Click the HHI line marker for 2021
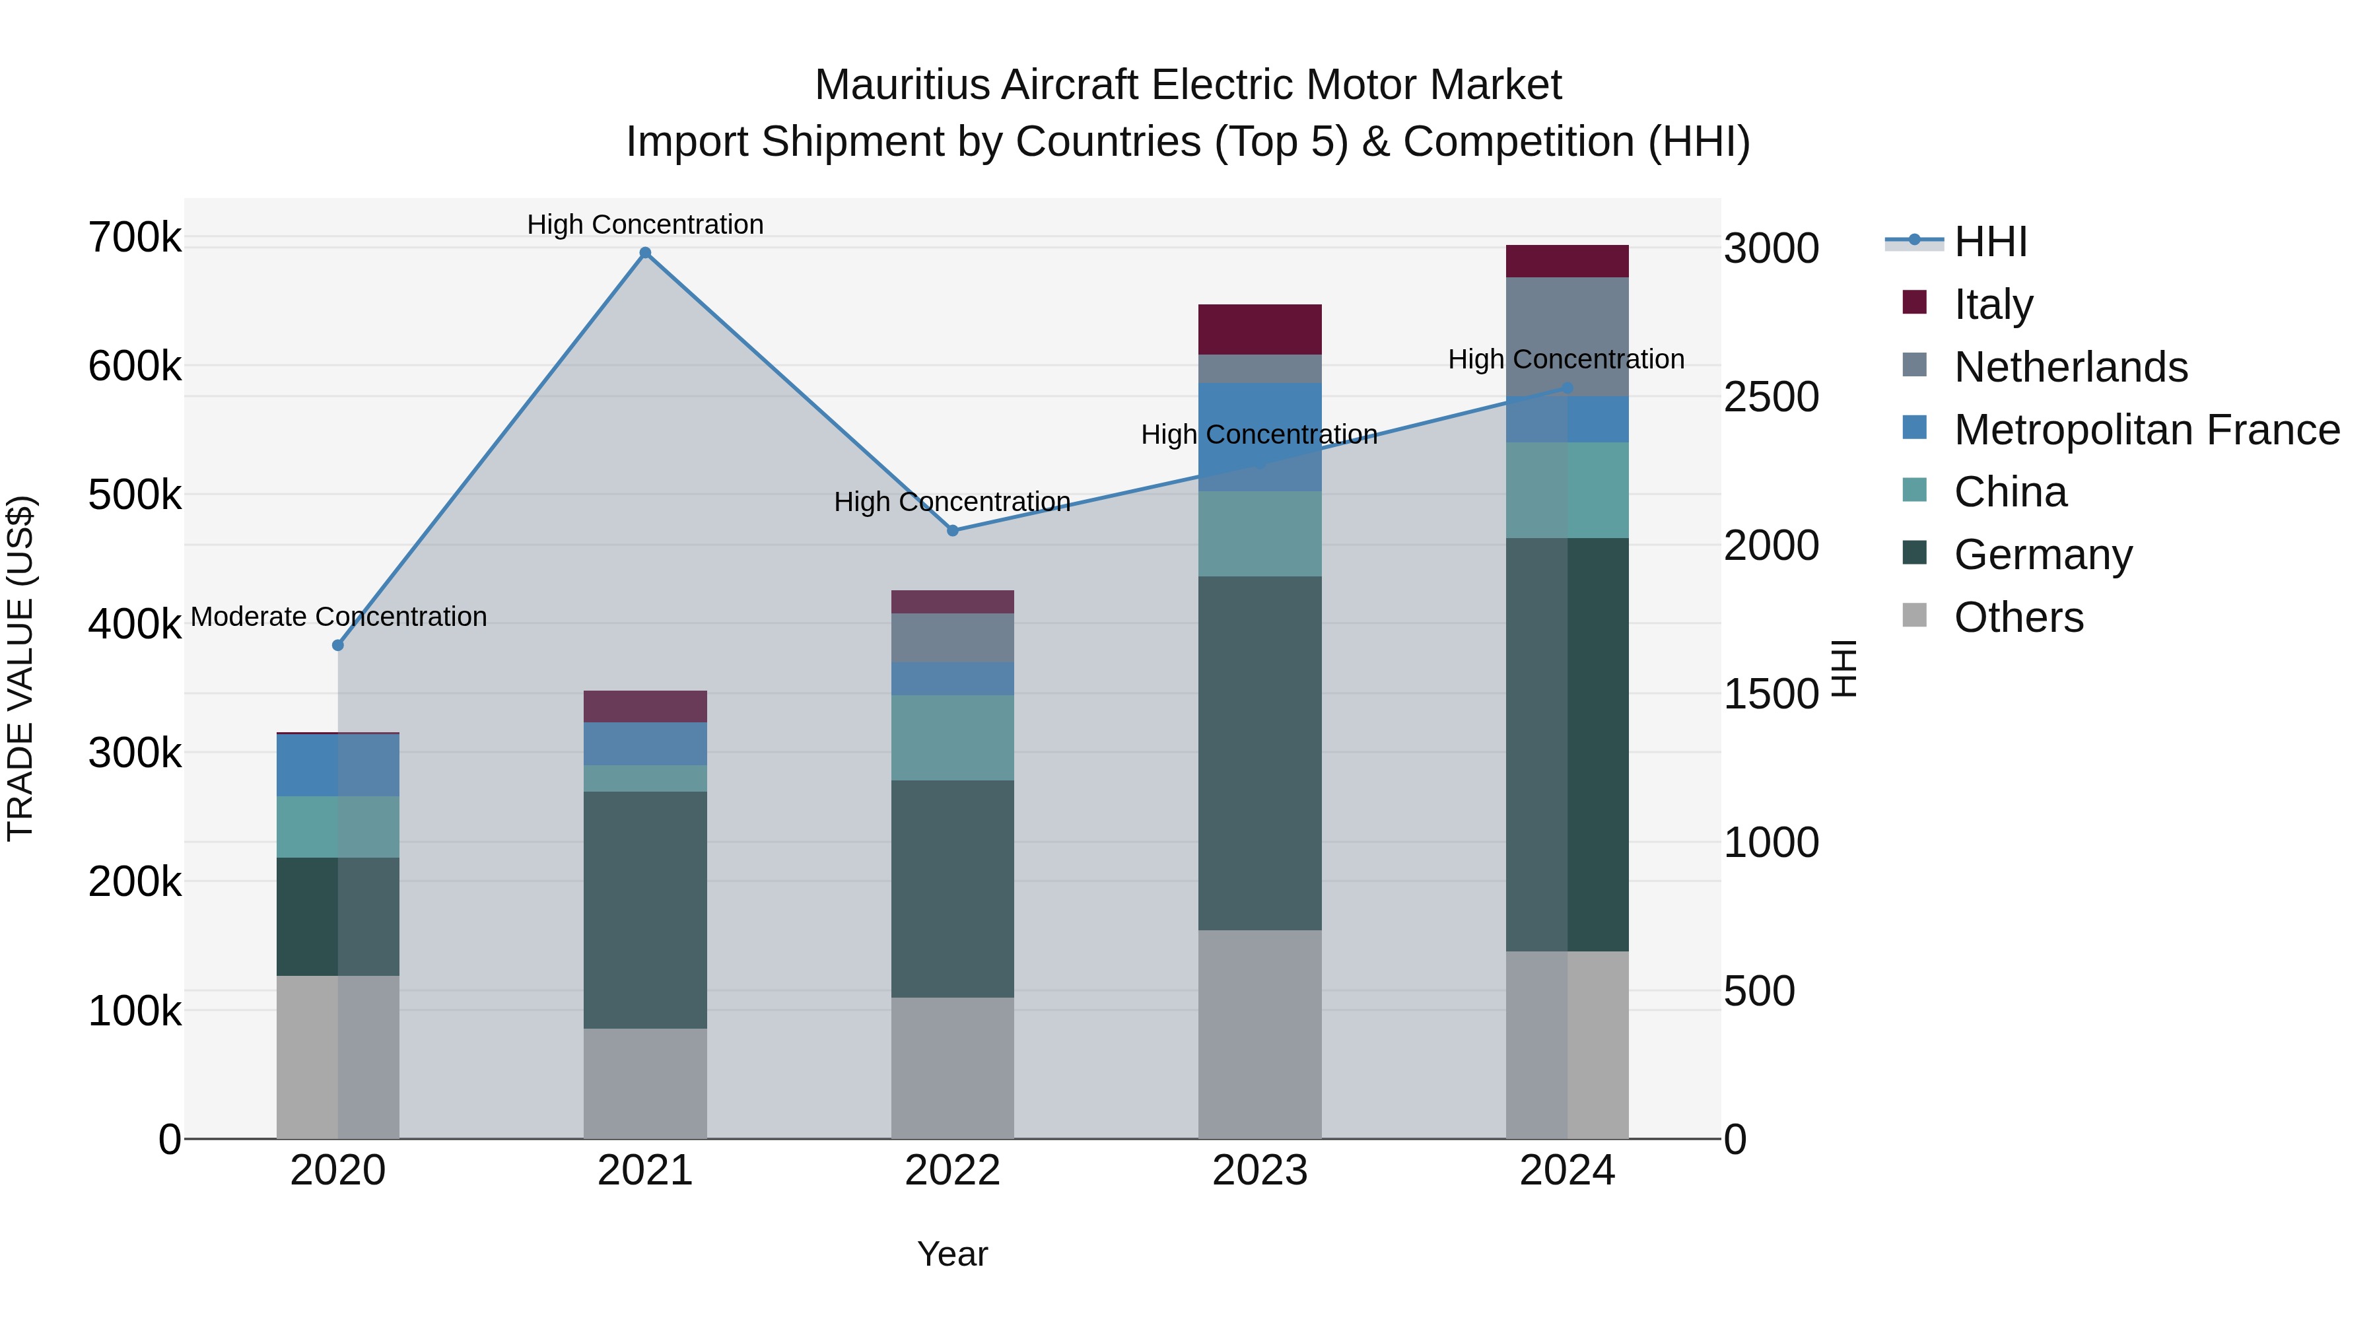[645, 253]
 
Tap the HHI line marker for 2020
[337, 645]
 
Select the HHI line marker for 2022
[952, 531]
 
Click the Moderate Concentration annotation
[339, 617]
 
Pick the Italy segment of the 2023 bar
[1260, 329]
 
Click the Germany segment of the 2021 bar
[645, 910]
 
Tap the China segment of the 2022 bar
[952, 737]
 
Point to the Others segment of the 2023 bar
[1260, 1033]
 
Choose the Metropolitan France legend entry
[2147, 430]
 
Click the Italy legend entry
[1993, 304]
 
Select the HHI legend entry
[1990, 242]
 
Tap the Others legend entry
[2018, 617]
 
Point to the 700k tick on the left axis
[135, 238]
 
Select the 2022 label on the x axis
[952, 1171]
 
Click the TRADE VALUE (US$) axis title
[20, 668]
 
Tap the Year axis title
[952, 1254]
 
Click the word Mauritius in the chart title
[901, 85]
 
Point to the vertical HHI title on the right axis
[1843, 668]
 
